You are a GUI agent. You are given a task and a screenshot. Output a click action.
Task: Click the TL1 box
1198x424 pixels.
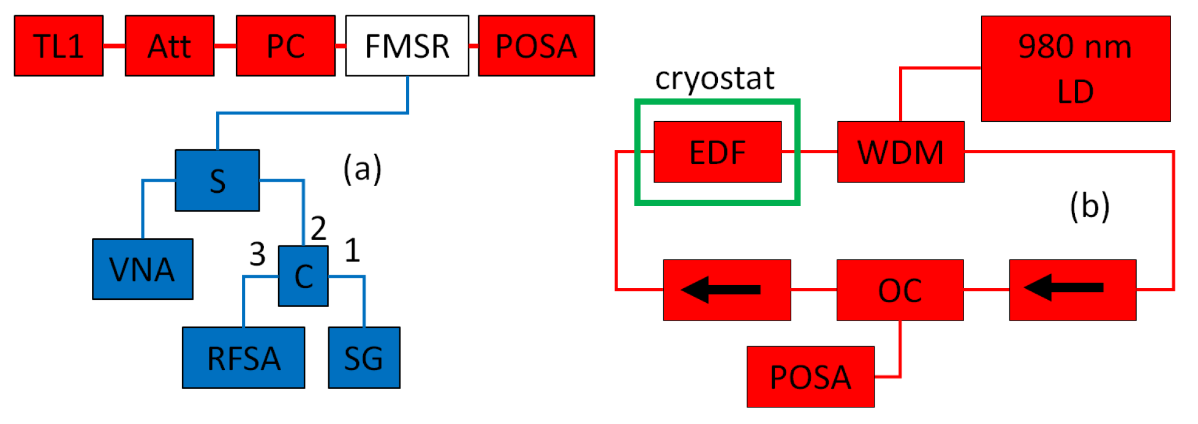[x=59, y=46]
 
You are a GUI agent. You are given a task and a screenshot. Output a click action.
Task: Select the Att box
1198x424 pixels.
[x=170, y=46]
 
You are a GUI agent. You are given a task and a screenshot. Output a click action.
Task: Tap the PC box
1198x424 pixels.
[x=285, y=46]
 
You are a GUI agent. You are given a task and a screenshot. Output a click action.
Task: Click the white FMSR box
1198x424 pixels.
[x=407, y=46]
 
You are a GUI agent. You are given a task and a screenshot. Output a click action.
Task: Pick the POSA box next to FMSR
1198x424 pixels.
[x=536, y=46]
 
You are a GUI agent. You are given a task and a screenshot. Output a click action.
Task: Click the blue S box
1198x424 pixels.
[x=217, y=180]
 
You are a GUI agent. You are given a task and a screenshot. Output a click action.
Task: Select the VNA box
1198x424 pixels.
[x=143, y=269]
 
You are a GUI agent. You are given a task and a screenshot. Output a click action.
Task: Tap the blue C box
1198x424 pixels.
[x=303, y=276]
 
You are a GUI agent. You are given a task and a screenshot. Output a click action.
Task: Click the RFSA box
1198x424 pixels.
[x=244, y=358]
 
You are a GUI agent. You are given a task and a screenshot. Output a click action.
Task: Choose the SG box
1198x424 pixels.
[x=364, y=358]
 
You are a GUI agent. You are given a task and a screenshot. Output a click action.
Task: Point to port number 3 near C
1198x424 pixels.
[x=257, y=254]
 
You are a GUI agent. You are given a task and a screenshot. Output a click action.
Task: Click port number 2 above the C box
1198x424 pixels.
[x=318, y=228]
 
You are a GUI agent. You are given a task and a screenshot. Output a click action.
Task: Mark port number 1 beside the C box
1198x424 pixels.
[x=352, y=250]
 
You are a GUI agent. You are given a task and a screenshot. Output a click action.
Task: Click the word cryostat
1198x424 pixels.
[x=714, y=78]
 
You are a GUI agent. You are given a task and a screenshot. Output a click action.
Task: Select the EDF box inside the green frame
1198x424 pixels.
[x=718, y=152]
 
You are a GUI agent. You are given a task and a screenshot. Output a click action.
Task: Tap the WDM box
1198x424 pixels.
[x=900, y=152]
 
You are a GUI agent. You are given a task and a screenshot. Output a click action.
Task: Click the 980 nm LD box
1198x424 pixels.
[x=1076, y=69]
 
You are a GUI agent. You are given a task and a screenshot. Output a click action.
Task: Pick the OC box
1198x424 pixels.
[x=900, y=290]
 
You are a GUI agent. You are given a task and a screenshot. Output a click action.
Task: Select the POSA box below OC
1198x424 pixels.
[x=810, y=377]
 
